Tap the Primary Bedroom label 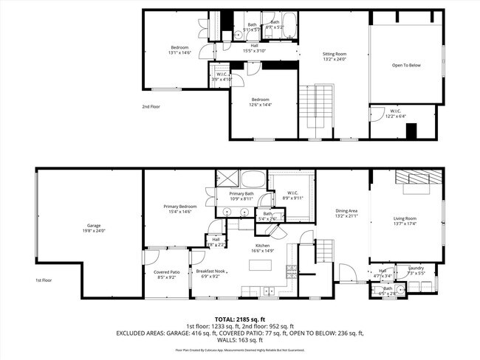[x=180, y=209]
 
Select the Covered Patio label [x=165, y=274]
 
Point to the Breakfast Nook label [x=210, y=274]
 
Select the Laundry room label [x=416, y=270]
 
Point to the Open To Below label [x=406, y=66]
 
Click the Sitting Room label [x=335, y=56]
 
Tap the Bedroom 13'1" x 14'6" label [x=180, y=51]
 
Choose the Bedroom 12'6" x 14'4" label [x=259, y=102]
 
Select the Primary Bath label [x=241, y=195]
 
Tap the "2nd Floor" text [x=151, y=107]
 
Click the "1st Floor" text [x=44, y=280]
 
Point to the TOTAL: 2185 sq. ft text [x=240, y=319]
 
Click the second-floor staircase [x=315, y=111]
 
